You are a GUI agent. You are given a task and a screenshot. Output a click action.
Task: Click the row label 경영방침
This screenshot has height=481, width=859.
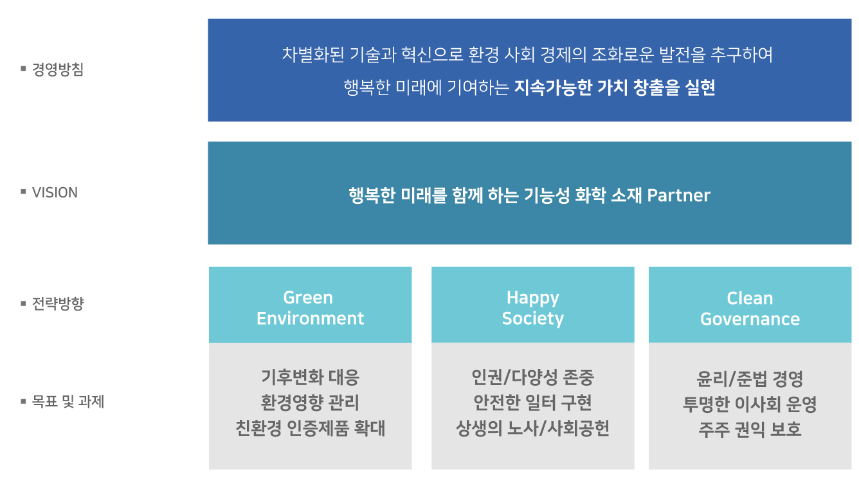[57, 69]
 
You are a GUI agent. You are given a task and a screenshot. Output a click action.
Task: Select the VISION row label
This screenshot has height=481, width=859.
[55, 192]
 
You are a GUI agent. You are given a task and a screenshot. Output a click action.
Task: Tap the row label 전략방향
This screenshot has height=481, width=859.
[57, 304]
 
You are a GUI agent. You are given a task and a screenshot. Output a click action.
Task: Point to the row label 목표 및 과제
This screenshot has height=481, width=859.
[68, 402]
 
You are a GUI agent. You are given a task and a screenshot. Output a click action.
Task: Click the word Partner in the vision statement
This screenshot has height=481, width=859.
[678, 195]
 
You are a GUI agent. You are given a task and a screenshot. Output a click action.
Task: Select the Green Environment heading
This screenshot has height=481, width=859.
[310, 308]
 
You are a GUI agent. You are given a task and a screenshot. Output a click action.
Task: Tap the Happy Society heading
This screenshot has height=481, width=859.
[532, 308]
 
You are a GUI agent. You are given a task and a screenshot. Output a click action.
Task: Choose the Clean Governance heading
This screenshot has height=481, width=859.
[750, 309]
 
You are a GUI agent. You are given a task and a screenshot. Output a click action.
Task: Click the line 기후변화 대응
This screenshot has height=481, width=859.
[311, 377]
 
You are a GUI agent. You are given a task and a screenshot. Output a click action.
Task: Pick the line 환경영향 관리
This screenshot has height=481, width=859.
[310, 403]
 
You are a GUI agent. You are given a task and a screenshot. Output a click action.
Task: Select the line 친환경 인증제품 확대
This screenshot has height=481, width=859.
[311, 428]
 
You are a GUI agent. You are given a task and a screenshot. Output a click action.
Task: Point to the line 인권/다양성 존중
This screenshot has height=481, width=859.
[532, 377]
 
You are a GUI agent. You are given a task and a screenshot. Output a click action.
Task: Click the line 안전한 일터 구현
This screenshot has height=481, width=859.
[532, 403]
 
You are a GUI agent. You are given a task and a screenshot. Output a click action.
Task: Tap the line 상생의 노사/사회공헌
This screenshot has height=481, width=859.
[532, 428]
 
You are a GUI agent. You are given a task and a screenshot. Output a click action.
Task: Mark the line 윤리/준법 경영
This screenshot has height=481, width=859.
[750, 379]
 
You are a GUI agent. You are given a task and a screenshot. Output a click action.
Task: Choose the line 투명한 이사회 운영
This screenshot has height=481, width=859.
[750, 404]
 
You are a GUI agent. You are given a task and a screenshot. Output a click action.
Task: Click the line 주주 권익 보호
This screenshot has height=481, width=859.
[750, 430]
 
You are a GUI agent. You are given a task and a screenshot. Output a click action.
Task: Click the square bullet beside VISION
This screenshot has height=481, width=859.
[23, 192]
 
